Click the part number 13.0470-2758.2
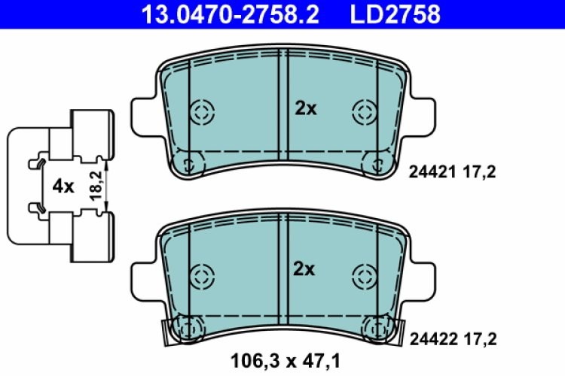[215, 13]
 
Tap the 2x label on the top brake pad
[305, 108]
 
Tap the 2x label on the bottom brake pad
[305, 268]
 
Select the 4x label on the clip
[63, 186]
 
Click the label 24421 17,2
[452, 171]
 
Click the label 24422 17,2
[452, 339]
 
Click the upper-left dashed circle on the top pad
[202, 113]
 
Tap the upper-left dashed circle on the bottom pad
[202, 274]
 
